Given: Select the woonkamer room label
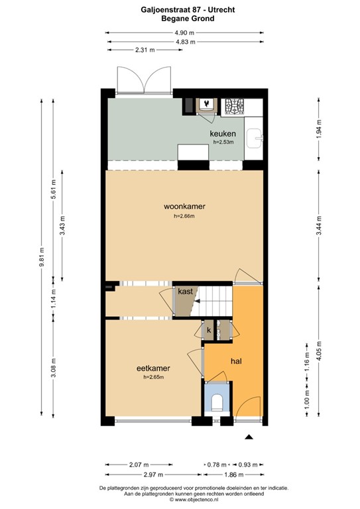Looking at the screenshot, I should click(x=184, y=206).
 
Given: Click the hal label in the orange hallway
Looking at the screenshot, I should click(x=235, y=361).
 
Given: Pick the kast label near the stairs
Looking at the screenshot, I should click(x=184, y=291).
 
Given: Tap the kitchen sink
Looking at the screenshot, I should click(x=255, y=139).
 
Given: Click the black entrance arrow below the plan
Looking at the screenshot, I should click(x=249, y=437).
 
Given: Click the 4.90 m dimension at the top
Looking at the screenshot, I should click(x=184, y=32).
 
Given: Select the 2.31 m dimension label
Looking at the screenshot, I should click(x=145, y=50).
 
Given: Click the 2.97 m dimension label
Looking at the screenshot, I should click(x=153, y=476).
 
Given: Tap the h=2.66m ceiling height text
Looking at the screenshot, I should click(x=184, y=216).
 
